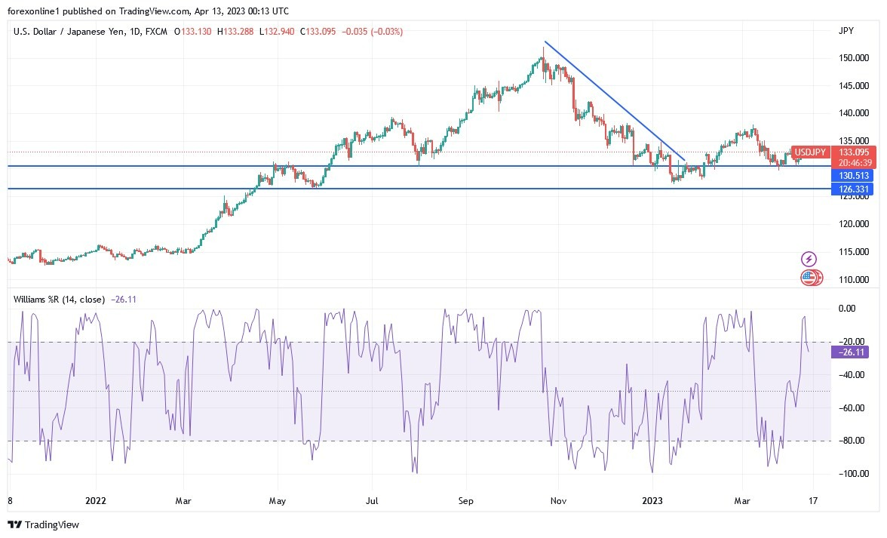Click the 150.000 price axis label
click(852, 58)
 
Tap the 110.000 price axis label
click(852, 280)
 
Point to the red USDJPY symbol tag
click(810, 152)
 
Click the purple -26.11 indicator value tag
click(852, 352)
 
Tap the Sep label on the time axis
click(465, 500)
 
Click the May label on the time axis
click(278, 500)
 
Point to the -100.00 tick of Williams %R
click(849, 474)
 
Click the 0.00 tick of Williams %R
click(847, 309)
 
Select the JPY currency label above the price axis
click(846, 32)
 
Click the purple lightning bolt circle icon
click(809, 260)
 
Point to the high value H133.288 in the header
click(236, 32)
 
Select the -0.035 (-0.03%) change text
click(373, 32)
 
